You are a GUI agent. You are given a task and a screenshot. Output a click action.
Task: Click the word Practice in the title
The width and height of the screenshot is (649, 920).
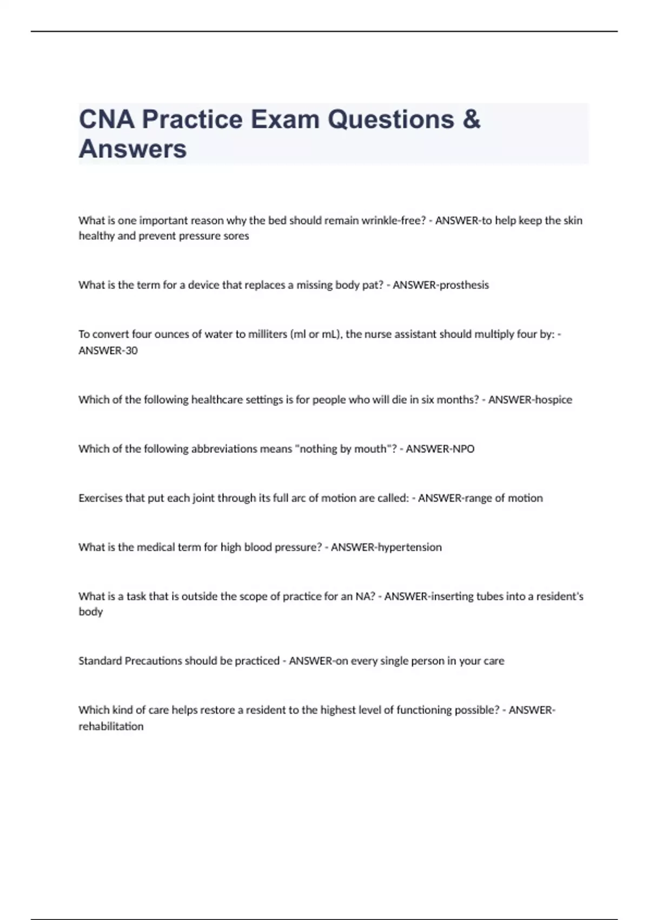click(x=192, y=120)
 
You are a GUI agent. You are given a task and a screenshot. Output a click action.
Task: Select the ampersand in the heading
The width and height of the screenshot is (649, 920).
click(x=472, y=120)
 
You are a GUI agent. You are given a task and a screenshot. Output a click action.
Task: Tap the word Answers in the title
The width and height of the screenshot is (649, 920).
click(x=133, y=149)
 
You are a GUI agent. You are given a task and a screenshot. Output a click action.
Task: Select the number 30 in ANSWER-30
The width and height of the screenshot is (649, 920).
click(x=131, y=351)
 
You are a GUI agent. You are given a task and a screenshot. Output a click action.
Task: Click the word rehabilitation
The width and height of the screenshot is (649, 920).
click(x=111, y=726)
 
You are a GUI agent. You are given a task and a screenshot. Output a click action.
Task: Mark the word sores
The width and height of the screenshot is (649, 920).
click(x=236, y=236)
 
